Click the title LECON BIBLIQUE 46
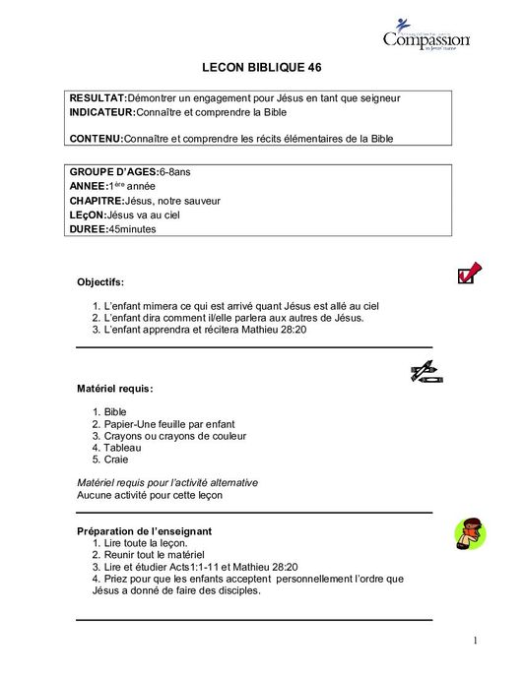(261, 68)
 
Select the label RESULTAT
(98, 98)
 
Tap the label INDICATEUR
(102, 112)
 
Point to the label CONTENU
(96, 139)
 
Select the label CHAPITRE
(97, 201)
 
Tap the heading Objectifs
(100, 282)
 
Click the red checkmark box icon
(469, 272)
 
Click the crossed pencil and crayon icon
(426, 372)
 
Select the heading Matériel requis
(114, 388)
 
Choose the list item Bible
(114, 411)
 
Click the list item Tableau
(122, 447)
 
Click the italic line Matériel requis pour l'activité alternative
(167, 483)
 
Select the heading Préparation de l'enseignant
(144, 531)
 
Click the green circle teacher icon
(468, 535)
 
